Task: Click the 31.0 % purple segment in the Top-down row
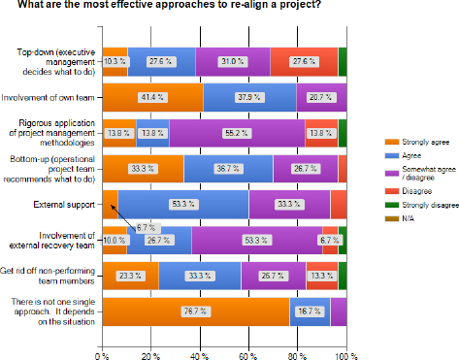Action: coord(233,61)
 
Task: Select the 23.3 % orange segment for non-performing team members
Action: coord(130,275)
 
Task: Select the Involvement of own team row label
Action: coord(50,97)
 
